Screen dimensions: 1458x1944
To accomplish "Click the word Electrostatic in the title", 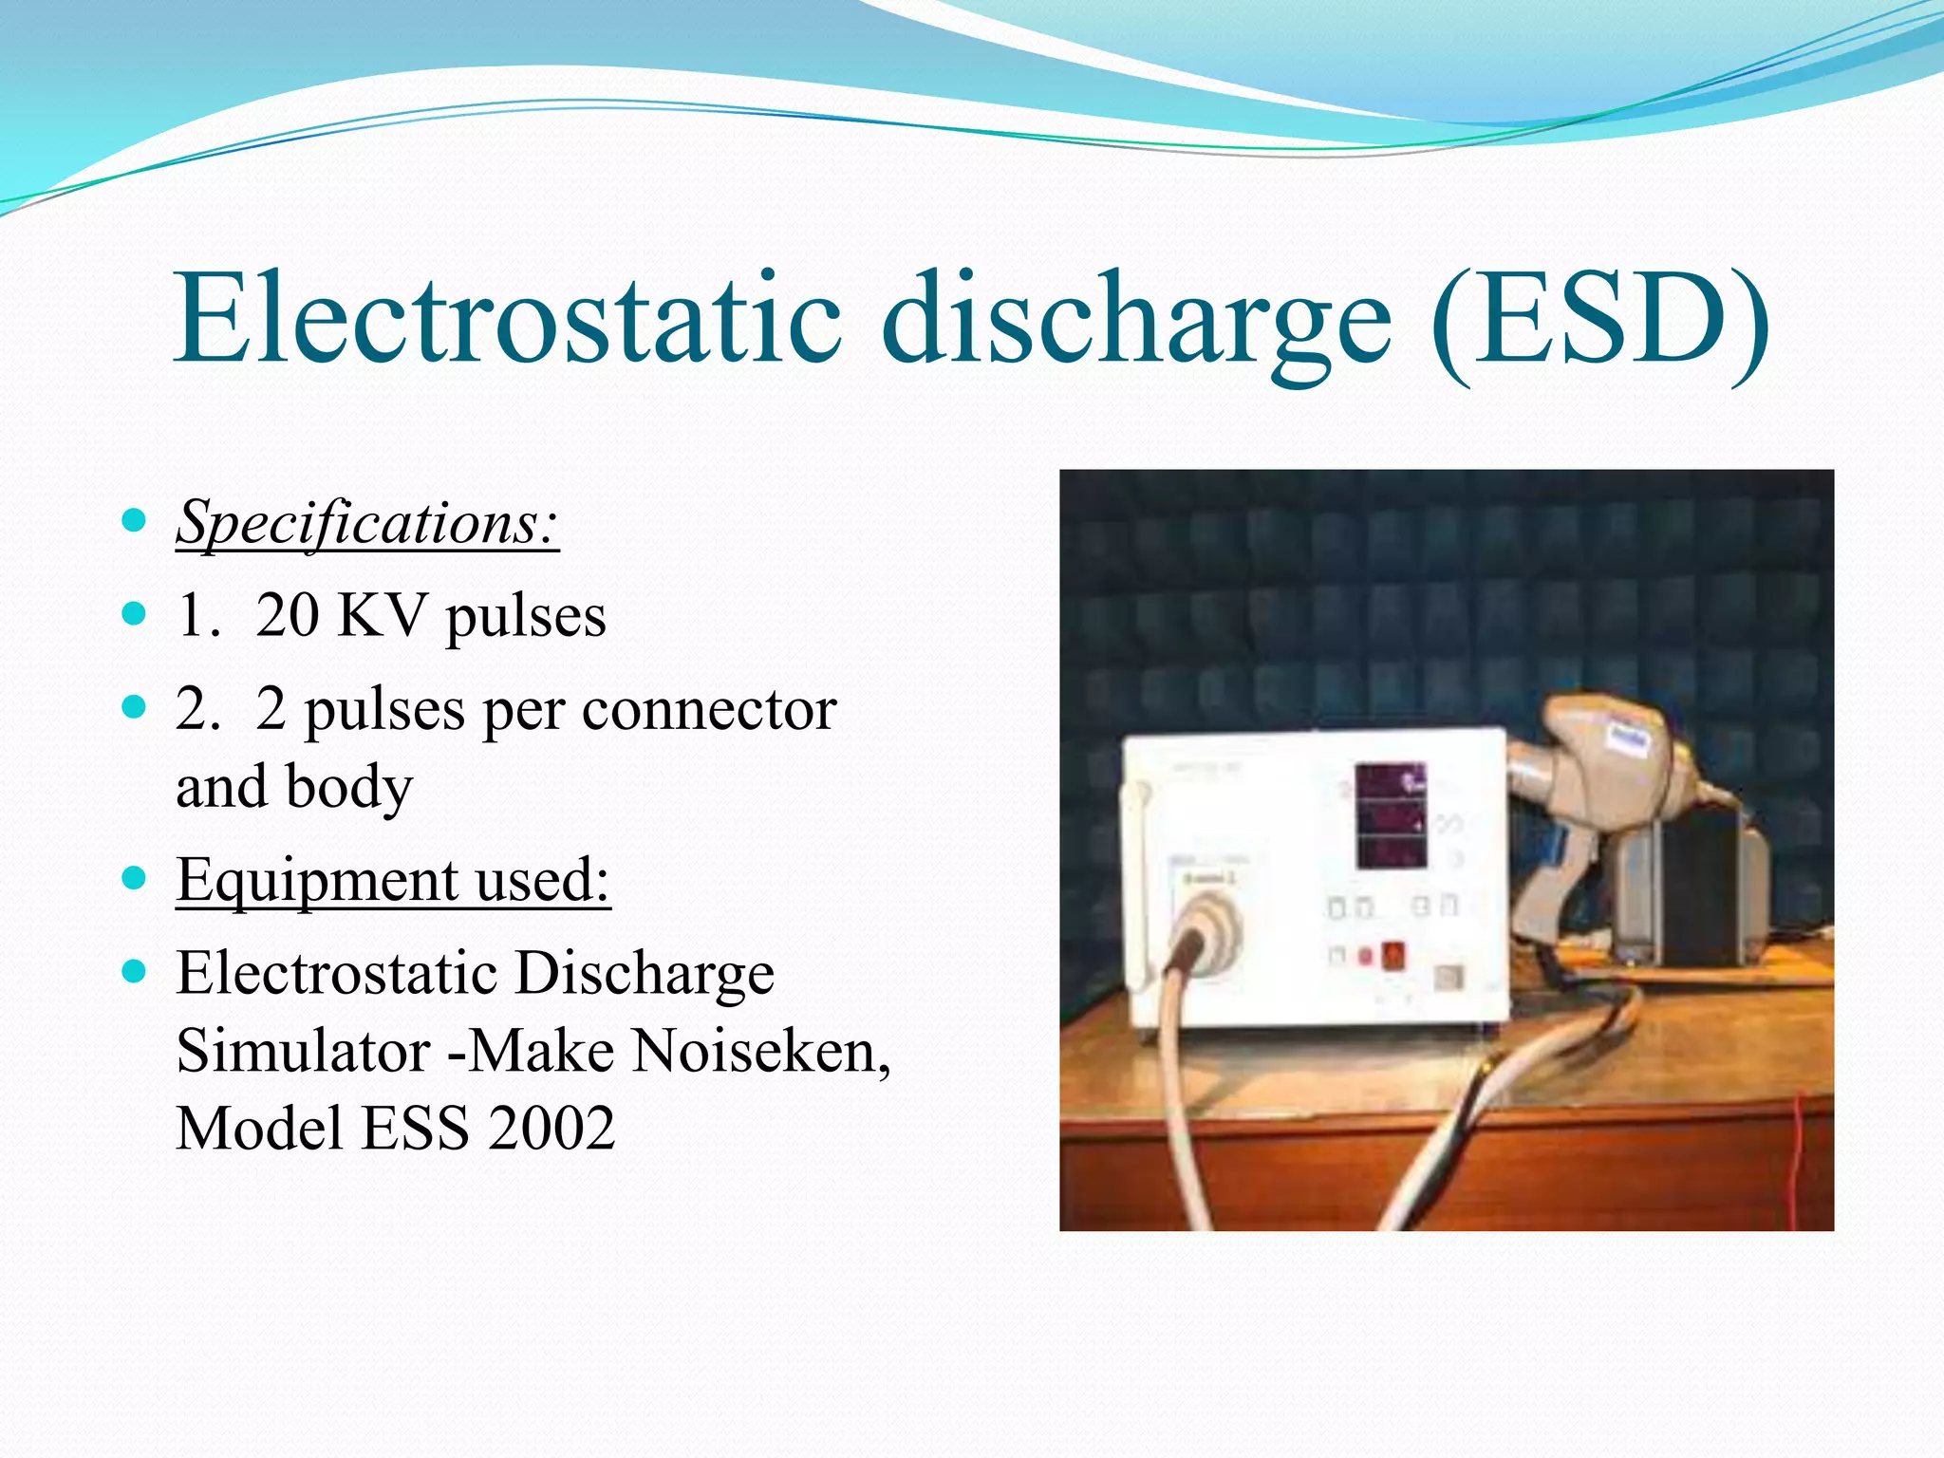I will pyautogui.click(x=507, y=318).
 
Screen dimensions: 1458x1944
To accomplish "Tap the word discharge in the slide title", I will pyautogui.click(x=1135, y=318).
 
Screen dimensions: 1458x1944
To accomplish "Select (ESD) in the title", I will pyautogui.click(x=1598, y=318).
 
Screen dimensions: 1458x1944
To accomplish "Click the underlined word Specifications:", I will pyautogui.click(x=367, y=523).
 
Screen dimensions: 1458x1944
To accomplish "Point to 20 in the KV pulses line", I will pyautogui.click(x=287, y=616).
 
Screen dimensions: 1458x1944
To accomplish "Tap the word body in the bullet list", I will pyautogui.click(x=348, y=787).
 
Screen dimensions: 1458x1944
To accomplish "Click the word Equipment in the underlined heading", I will pyautogui.click(x=317, y=879).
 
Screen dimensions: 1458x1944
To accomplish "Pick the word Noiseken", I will pyautogui.click(x=760, y=1051).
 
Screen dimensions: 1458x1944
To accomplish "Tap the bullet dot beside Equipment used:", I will pyautogui.click(x=135, y=877).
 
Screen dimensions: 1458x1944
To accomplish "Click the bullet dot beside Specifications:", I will pyautogui.click(x=135, y=520).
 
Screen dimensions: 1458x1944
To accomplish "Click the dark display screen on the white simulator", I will pyautogui.click(x=1391, y=815).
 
